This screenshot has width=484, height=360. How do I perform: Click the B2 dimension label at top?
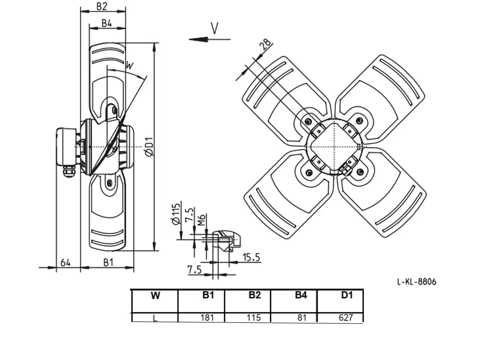102,6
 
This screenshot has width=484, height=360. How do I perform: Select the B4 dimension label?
106,23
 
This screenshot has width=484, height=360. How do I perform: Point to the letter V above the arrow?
214,28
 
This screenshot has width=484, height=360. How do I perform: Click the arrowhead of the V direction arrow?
198,39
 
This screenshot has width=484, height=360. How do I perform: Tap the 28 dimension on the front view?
266,44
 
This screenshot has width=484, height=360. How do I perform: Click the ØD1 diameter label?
149,147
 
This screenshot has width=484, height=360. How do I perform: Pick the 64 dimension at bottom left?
65,263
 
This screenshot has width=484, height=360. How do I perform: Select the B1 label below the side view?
108,263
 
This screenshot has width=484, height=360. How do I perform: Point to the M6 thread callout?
201,220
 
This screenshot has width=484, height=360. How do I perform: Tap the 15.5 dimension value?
251,257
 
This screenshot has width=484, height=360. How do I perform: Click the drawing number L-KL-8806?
417,281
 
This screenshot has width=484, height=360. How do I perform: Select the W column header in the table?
155,296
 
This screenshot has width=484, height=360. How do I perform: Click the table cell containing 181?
201,318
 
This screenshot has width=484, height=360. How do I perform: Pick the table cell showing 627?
340,318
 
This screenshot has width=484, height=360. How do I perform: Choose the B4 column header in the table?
301,295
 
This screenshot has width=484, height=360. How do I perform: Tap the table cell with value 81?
294,318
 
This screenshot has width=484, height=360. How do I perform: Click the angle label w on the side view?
130,65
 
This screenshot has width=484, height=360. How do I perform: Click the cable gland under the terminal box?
68,172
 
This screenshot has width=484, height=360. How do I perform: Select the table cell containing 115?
248,318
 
